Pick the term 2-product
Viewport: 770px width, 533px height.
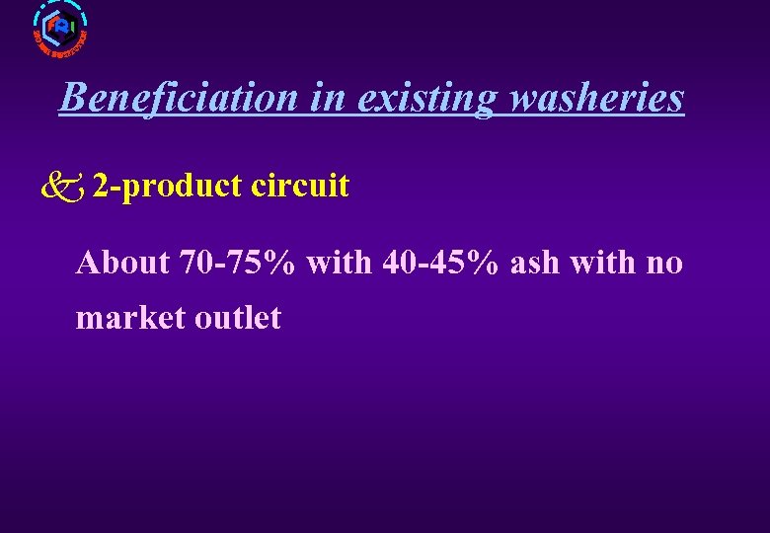pos(167,186)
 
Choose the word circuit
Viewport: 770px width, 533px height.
pos(300,186)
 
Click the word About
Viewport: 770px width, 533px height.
pos(123,263)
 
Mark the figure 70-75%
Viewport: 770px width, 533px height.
pos(238,263)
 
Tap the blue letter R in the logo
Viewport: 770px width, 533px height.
pos(62,27)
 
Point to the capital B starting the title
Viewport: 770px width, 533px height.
pos(70,99)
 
